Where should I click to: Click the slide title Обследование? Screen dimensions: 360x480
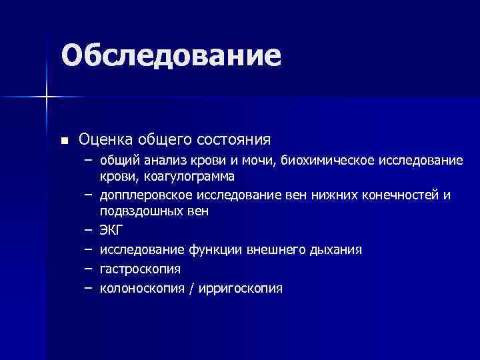pos(171,56)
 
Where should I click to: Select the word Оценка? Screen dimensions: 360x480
pos(107,139)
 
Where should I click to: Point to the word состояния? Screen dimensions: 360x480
pos(233,140)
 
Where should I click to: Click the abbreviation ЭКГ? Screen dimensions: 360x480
pos(111,231)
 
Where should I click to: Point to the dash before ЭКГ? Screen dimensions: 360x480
pos(88,231)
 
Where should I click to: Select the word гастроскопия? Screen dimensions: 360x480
pos(140,270)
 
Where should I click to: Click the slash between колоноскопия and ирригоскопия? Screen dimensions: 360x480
pos(191,289)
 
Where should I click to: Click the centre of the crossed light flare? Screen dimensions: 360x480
pos(47,97)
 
